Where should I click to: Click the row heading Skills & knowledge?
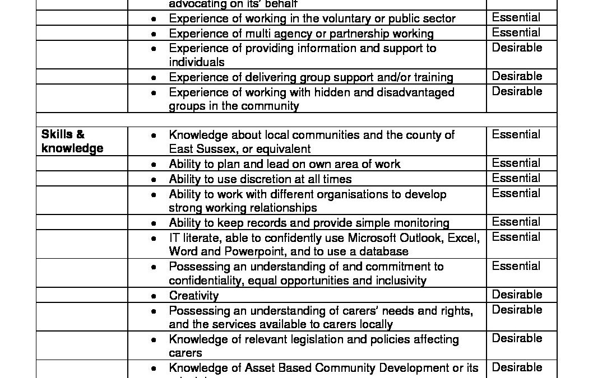[x=72, y=141]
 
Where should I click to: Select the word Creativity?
[x=193, y=296]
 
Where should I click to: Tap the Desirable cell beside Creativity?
[x=517, y=295]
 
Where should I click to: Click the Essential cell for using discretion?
[x=516, y=178]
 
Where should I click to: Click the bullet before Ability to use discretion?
[x=154, y=180]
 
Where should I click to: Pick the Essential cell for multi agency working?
[x=516, y=32]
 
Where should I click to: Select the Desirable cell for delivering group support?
[x=517, y=76]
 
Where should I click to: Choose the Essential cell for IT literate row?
[x=516, y=237]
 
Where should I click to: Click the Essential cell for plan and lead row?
[x=516, y=163]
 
